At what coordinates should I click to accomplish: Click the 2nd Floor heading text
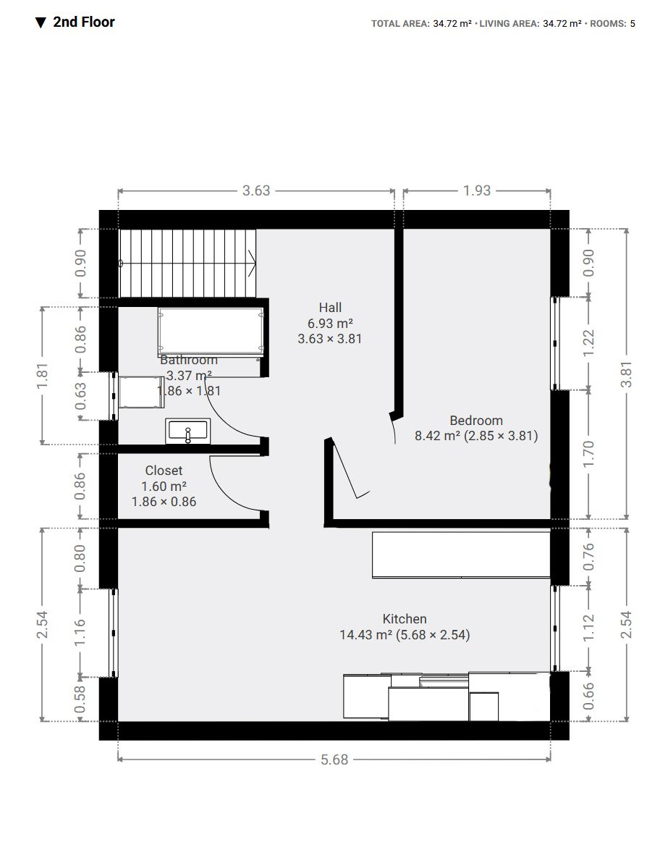(83, 22)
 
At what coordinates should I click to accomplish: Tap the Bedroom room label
(476, 421)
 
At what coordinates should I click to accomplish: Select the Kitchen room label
(405, 619)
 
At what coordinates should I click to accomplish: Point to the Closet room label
(164, 471)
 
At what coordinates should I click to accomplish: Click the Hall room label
(330, 308)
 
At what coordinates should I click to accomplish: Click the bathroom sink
(188, 432)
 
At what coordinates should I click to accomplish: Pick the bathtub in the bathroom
(211, 331)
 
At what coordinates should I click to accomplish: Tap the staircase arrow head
(252, 263)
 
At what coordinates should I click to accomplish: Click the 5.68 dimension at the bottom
(334, 759)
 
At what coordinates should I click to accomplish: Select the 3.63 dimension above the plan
(256, 191)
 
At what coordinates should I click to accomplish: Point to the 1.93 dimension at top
(477, 191)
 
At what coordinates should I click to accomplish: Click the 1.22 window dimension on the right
(588, 343)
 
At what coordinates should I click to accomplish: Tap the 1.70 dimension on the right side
(588, 454)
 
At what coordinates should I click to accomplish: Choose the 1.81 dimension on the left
(42, 376)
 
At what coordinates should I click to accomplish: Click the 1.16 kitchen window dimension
(80, 633)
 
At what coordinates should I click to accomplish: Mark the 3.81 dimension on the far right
(626, 374)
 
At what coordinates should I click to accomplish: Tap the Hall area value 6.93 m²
(330, 323)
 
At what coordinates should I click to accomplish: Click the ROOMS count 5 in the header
(633, 24)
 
